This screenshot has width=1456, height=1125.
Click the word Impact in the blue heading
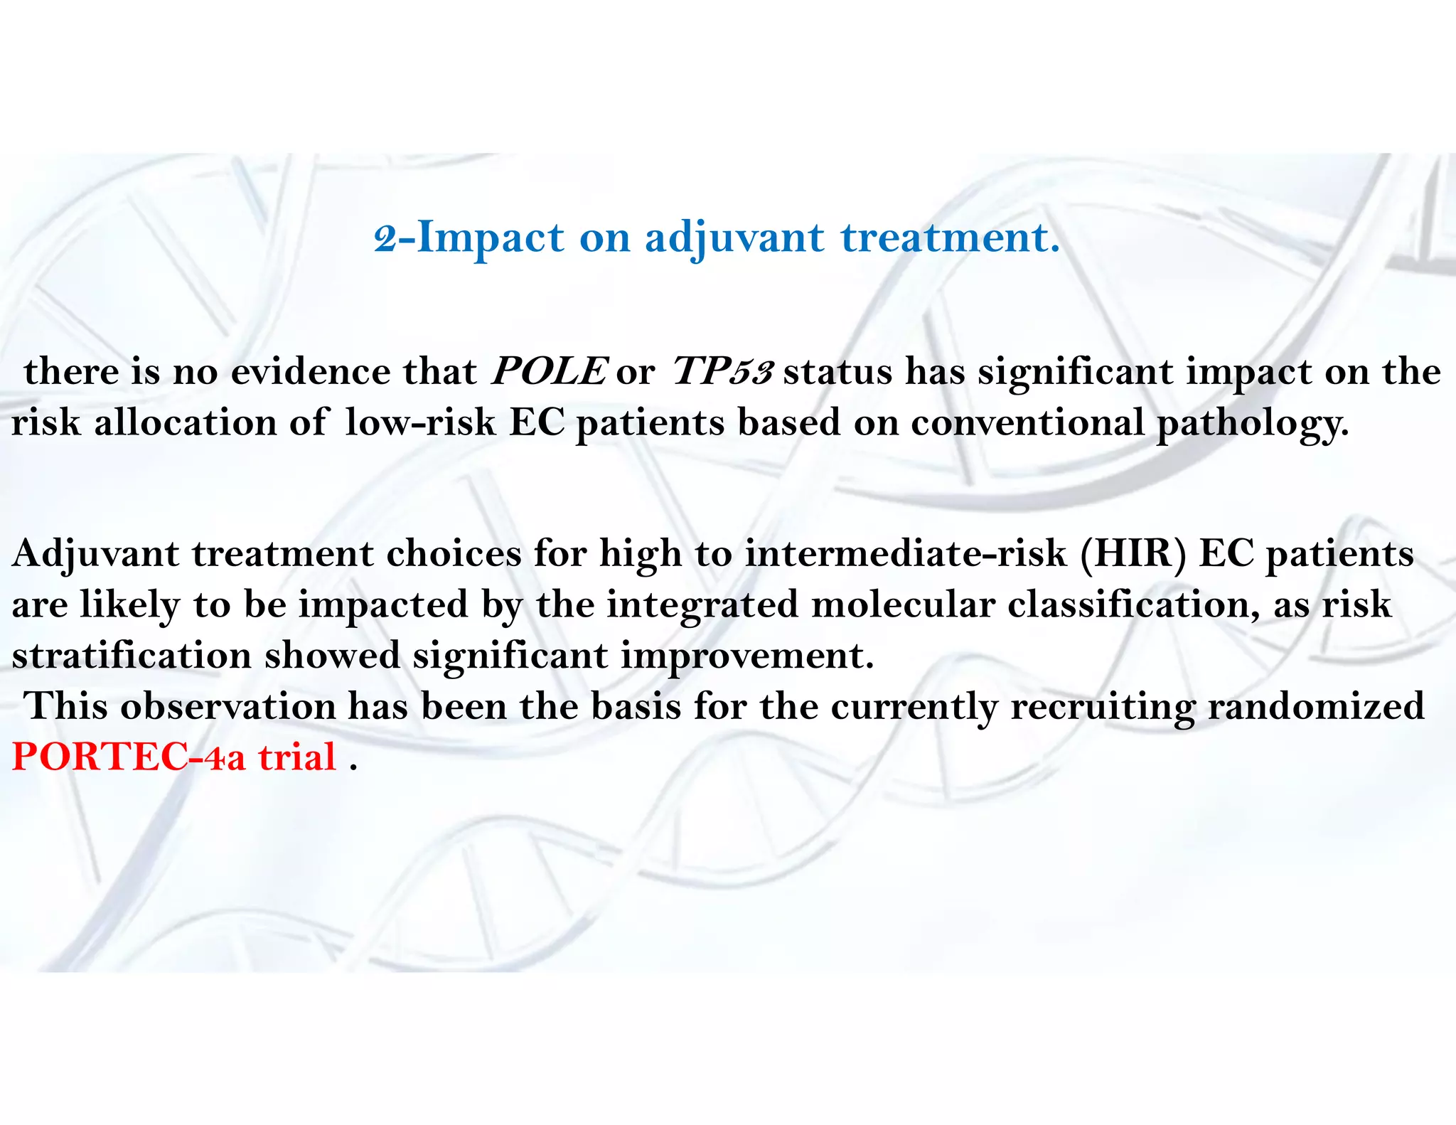(491, 238)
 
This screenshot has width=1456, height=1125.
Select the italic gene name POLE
(549, 371)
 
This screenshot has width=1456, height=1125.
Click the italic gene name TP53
(722, 371)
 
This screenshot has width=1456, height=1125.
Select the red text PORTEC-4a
(129, 757)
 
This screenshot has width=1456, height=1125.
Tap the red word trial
(297, 757)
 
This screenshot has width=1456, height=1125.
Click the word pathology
(1252, 422)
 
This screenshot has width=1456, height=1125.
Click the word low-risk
(420, 422)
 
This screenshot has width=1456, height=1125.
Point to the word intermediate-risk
(906, 553)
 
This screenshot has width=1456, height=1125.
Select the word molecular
(903, 604)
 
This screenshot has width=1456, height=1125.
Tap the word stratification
(132, 655)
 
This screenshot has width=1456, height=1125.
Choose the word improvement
(746, 655)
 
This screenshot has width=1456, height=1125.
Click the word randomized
(1316, 706)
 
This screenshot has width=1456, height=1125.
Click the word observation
(227, 706)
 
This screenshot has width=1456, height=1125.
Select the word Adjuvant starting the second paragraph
(95, 553)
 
